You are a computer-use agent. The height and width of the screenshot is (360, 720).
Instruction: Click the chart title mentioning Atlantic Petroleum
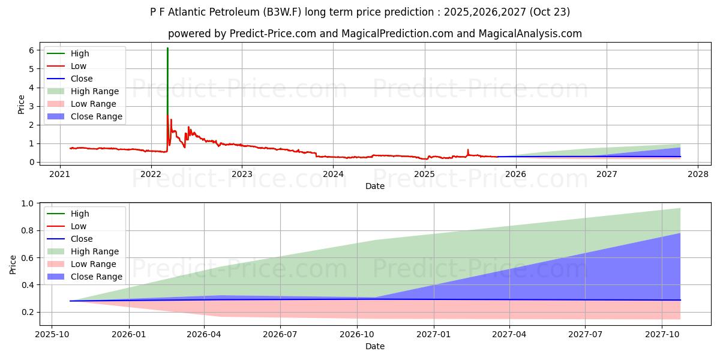pos(360,12)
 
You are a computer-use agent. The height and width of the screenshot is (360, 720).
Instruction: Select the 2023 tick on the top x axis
pos(242,174)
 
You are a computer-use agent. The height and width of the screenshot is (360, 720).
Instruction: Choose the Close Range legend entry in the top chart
pos(96,116)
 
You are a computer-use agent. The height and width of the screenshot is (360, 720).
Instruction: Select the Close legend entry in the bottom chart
pos(82,239)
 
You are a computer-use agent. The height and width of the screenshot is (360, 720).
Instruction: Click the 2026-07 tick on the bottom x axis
pos(281,334)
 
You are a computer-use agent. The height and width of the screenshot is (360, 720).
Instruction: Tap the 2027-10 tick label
pos(662,334)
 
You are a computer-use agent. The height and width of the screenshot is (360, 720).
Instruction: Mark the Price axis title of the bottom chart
pos(13,264)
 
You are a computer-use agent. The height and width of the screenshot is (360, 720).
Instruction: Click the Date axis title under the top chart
pos(375,187)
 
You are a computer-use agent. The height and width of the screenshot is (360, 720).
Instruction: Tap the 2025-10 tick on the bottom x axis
pos(52,334)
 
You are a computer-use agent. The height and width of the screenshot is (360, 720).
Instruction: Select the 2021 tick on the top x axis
pos(59,174)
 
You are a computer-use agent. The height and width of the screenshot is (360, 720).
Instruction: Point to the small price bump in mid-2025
pos(468,151)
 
